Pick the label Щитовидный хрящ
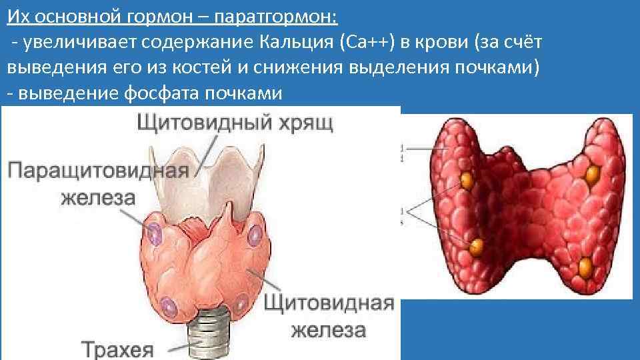233,123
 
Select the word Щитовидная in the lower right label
329,303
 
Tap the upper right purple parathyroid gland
254,235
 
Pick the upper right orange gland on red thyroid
591,175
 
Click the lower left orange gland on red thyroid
477,247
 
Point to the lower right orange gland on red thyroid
585,267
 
